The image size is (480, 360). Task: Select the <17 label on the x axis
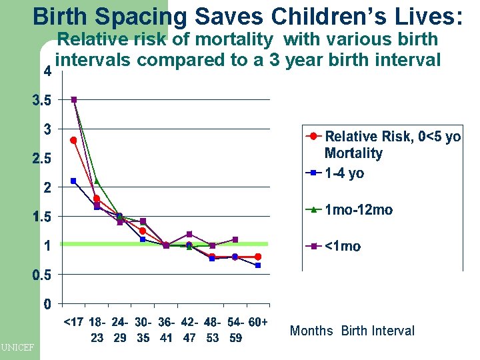coord(73,323)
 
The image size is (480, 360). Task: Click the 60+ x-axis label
coord(257,323)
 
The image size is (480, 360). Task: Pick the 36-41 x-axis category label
coord(166,330)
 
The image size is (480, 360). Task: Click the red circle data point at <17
coord(73,140)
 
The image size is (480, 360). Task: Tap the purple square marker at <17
coord(74,99)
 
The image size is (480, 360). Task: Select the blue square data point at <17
coord(73,181)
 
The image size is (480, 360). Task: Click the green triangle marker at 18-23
coord(97,181)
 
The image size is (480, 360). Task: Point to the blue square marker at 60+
coord(258,265)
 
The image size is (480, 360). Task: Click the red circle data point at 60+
coord(258,257)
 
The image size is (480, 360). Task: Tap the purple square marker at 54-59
coord(235,239)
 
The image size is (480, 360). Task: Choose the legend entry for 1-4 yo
coord(344,173)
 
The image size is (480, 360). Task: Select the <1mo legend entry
coord(343,246)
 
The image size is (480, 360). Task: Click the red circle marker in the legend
coord(313,137)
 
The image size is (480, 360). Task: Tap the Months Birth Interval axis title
coord(352,331)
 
